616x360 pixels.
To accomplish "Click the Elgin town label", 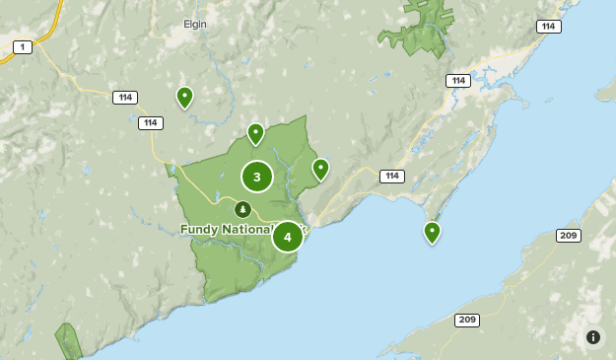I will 195,24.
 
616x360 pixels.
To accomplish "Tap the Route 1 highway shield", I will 22,46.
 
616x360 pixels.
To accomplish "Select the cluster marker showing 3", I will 257,177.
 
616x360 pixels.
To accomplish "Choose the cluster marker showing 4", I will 288,237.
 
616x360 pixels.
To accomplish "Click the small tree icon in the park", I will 242,208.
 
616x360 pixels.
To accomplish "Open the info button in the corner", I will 593,337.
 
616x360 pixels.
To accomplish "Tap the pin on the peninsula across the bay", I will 432,232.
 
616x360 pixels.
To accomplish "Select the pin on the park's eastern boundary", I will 320,169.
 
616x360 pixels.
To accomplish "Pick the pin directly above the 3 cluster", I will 255,133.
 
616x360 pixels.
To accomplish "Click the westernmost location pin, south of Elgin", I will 184,97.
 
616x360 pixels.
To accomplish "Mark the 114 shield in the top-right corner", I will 549,27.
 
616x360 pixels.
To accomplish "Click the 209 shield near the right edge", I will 569,235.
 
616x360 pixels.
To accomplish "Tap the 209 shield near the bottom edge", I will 467,320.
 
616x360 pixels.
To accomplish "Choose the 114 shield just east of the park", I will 392,176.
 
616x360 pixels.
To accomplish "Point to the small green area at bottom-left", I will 68,339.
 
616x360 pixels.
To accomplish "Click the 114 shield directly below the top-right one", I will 457,81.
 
